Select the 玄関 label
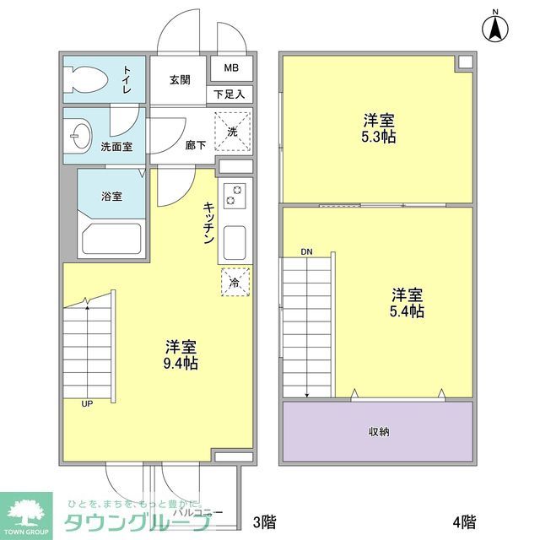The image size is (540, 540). click(179, 80)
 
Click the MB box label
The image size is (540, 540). click(230, 68)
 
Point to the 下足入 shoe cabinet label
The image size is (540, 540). click(229, 94)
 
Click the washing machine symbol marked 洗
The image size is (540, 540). click(232, 130)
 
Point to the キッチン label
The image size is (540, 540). click(208, 223)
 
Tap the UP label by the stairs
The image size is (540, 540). click(86, 404)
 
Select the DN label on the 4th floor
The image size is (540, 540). click(305, 252)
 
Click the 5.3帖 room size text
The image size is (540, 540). click(380, 137)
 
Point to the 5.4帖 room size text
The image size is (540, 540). click(407, 311)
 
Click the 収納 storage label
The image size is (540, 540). click(378, 432)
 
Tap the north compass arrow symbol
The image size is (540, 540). click(495, 30)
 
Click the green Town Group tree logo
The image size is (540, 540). click(30, 510)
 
